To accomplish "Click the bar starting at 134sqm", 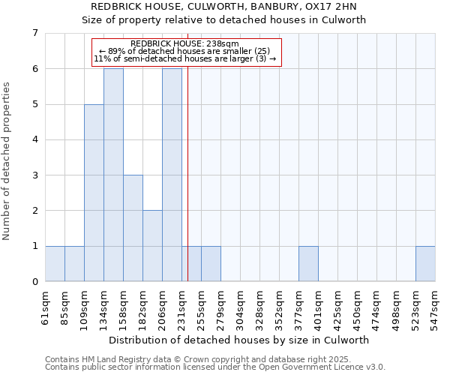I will (x=113, y=175).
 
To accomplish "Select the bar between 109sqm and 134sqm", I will (x=94, y=193).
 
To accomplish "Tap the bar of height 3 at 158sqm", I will (x=133, y=228).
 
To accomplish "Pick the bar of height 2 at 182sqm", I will (x=152, y=246).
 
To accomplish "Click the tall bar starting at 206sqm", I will (x=172, y=175).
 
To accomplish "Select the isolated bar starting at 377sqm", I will (x=308, y=264).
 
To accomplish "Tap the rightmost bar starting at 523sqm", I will (x=425, y=264).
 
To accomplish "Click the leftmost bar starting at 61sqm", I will (x=55, y=264).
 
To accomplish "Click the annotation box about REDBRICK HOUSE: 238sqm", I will (x=186, y=52).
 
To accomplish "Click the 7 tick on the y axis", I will (x=34, y=33).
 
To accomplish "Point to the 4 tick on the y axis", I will (x=34, y=139).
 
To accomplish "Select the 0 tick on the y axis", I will (x=34, y=282).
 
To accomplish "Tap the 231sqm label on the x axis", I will (x=182, y=304).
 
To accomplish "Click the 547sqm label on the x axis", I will (x=436, y=304).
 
